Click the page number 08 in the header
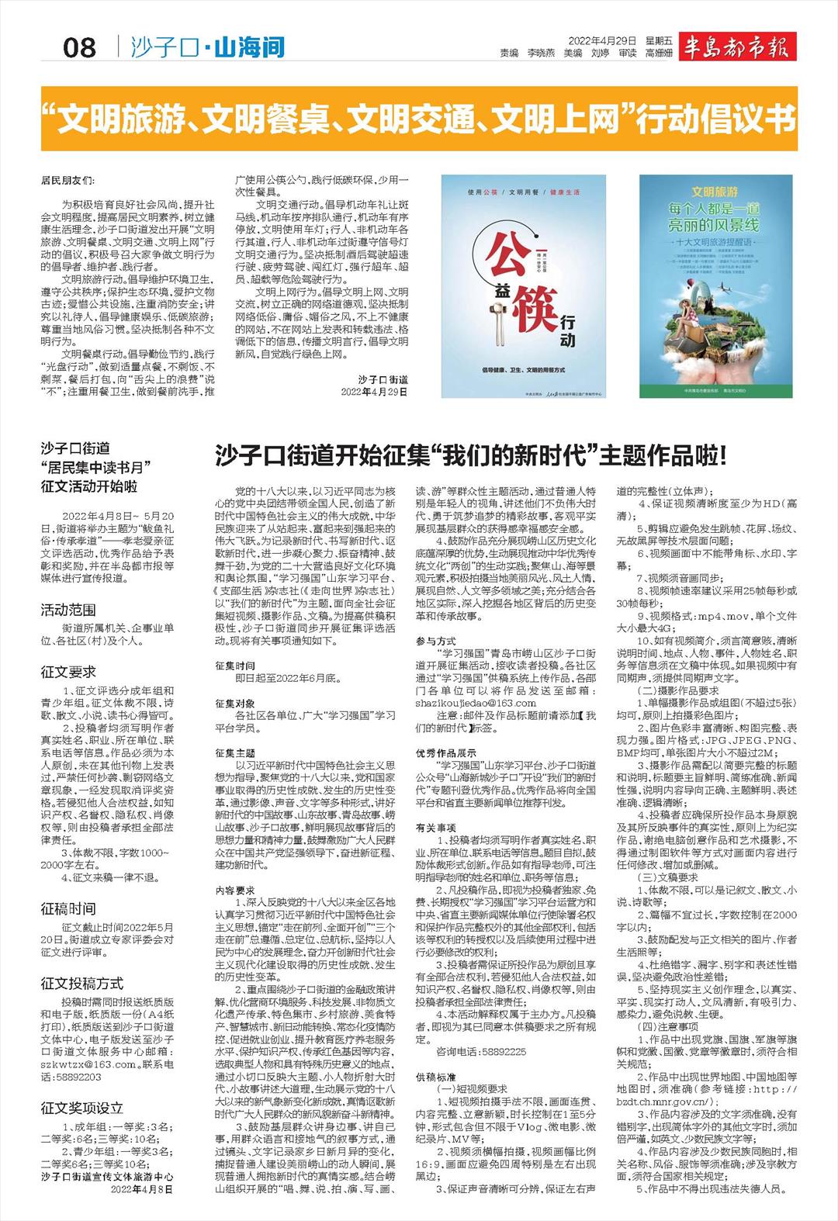click(x=79, y=48)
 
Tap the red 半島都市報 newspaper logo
click(x=736, y=47)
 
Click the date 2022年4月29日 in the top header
click(x=602, y=40)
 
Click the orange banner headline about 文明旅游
click(x=419, y=120)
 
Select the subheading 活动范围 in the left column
click(x=68, y=610)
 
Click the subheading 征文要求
click(x=68, y=672)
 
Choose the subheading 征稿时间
click(x=68, y=908)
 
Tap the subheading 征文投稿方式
click(x=82, y=984)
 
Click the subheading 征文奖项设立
click(x=82, y=1108)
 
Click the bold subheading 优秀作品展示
click(x=446, y=752)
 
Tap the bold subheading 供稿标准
click(x=435, y=1077)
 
